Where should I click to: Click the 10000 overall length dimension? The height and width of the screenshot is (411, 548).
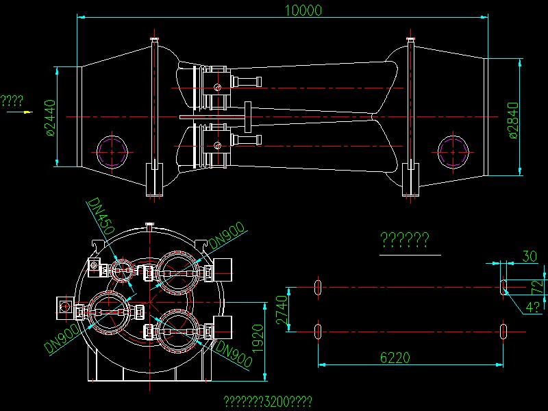[301, 10]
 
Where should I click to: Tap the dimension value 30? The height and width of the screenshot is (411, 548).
[530, 256]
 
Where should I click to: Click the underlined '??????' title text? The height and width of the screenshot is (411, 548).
[404, 240]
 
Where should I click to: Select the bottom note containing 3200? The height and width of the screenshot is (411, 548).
[269, 401]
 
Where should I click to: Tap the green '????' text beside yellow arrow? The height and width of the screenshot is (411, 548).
[12, 101]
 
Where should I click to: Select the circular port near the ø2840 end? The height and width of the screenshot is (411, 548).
[453, 150]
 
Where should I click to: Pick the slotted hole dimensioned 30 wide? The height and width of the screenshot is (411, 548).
[503, 286]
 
